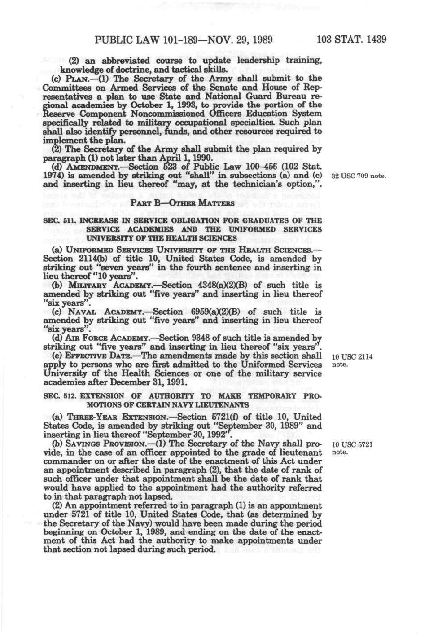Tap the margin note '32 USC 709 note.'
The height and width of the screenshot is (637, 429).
coord(358,176)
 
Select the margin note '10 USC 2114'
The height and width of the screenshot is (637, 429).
coord(352,357)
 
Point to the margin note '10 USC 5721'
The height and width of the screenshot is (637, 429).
coord(352,445)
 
